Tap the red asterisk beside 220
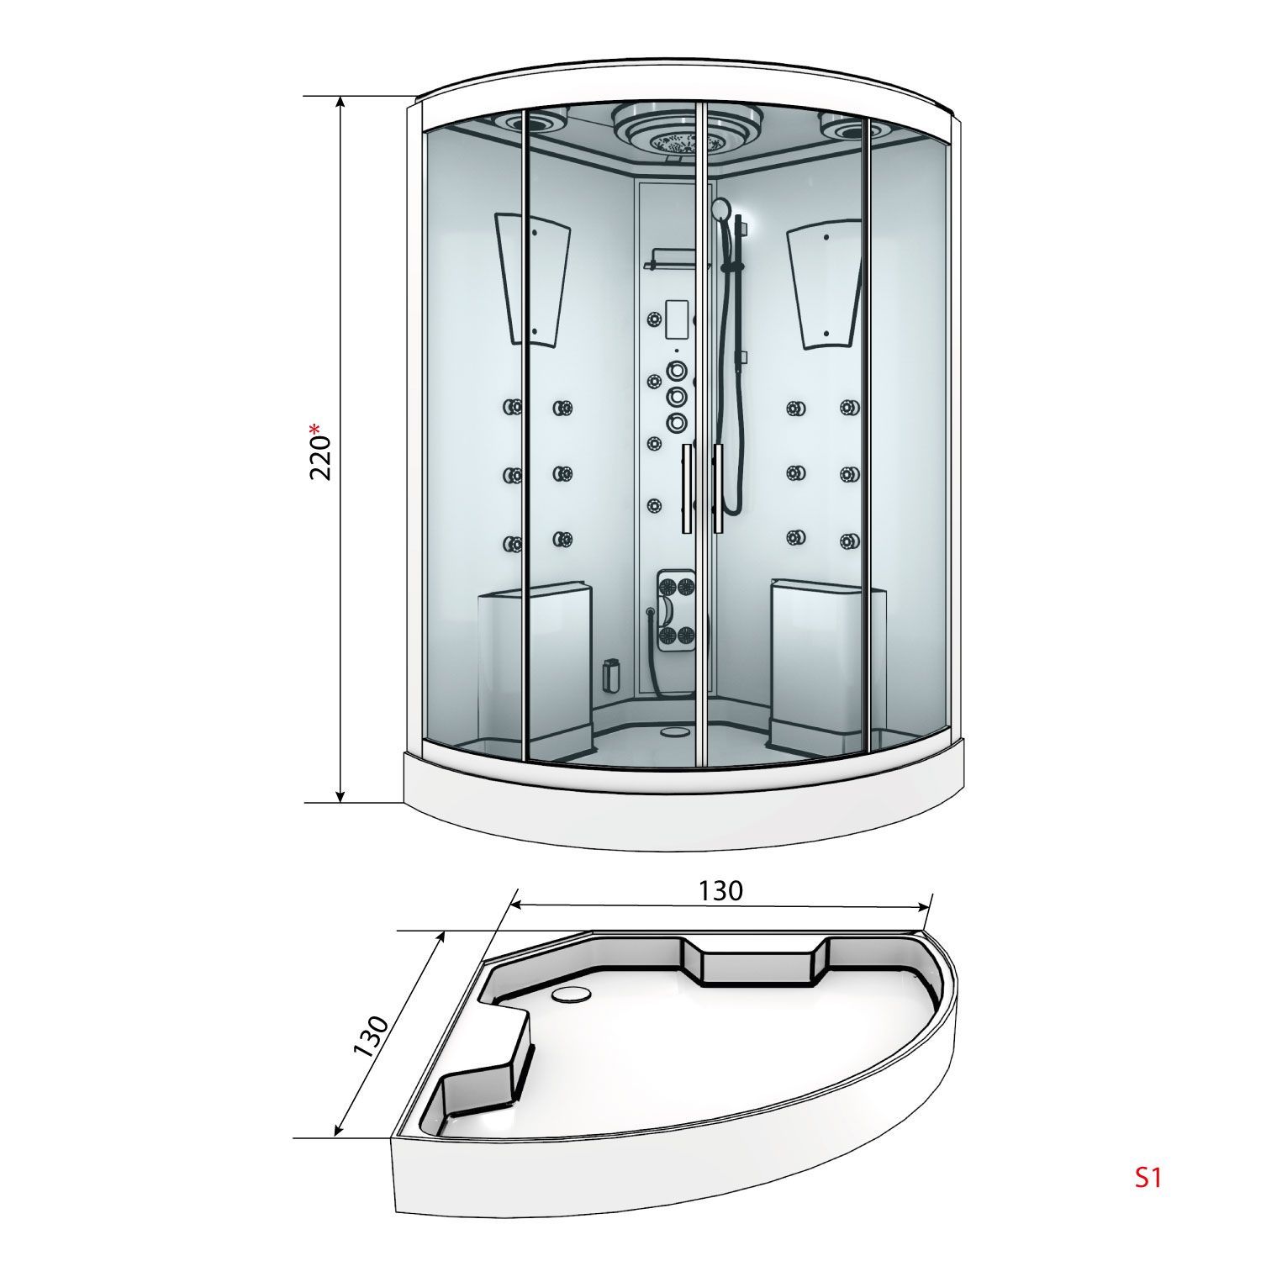pyautogui.click(x=316, y=430)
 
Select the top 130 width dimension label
pyautogui.click(x=720, y=890)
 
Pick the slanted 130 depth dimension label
pyautogui.click(x=371, y=1036)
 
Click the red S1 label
pyautogui.click(x=1148, y=1178)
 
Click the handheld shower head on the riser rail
pyautogui.click(x=720, y=210)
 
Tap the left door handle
pyautogui.click(x=688, y=488)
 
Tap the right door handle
pyautogui.click(x=719, y=488)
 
